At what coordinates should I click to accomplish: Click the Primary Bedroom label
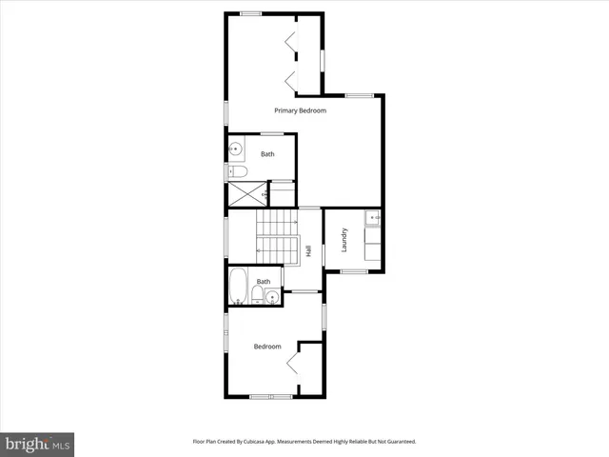[x=300, y=111]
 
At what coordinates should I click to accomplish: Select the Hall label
[x=309, y=251]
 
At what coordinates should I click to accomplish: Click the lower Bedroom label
[x=267, y=347]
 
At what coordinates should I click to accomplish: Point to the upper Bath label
[x=268, y=154]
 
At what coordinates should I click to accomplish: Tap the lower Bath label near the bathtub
[x=264, y=282]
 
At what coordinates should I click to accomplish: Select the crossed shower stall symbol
[x=246, y=193]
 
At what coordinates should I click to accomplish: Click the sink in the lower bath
[x=274, y=298]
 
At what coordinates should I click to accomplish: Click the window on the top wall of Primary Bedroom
[x=251, y=12]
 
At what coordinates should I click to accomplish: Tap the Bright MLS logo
[x=37, y=444]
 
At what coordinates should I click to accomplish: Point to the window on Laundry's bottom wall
[x=354, y=272]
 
